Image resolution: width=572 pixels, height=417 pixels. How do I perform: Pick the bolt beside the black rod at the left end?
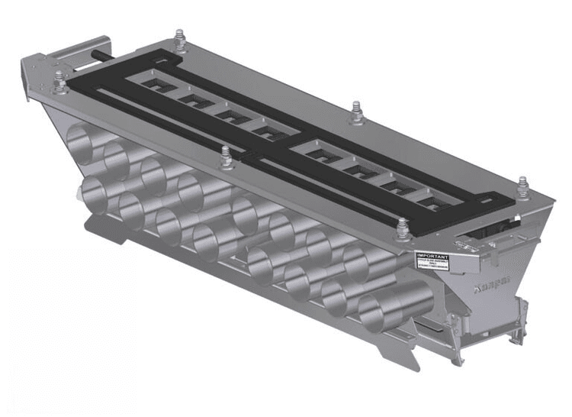(x=60, y=79)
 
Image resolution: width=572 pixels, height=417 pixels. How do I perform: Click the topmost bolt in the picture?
(x=179, y=38)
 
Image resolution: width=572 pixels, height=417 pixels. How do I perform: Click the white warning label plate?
(x=432, y=260)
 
